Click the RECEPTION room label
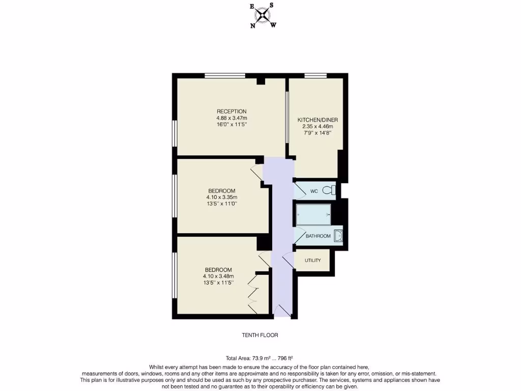click(231, 111)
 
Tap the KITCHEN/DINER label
click(317, 120)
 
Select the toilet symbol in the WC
click(331, 191)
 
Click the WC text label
click(314, 191)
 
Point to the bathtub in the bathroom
click(313, 214)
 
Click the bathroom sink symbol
click(338, 236)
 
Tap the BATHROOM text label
click(318, 236)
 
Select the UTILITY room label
click(312, 261)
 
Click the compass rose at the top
click(263, 15)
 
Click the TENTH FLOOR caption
click(259, 336)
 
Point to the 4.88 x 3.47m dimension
click(231, 118)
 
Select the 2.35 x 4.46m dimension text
click(317, 127)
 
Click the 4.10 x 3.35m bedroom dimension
click(221, 198)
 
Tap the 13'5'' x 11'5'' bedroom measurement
click(218, 283)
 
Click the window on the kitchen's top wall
click(315, 76)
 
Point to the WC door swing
click(299, 190)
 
